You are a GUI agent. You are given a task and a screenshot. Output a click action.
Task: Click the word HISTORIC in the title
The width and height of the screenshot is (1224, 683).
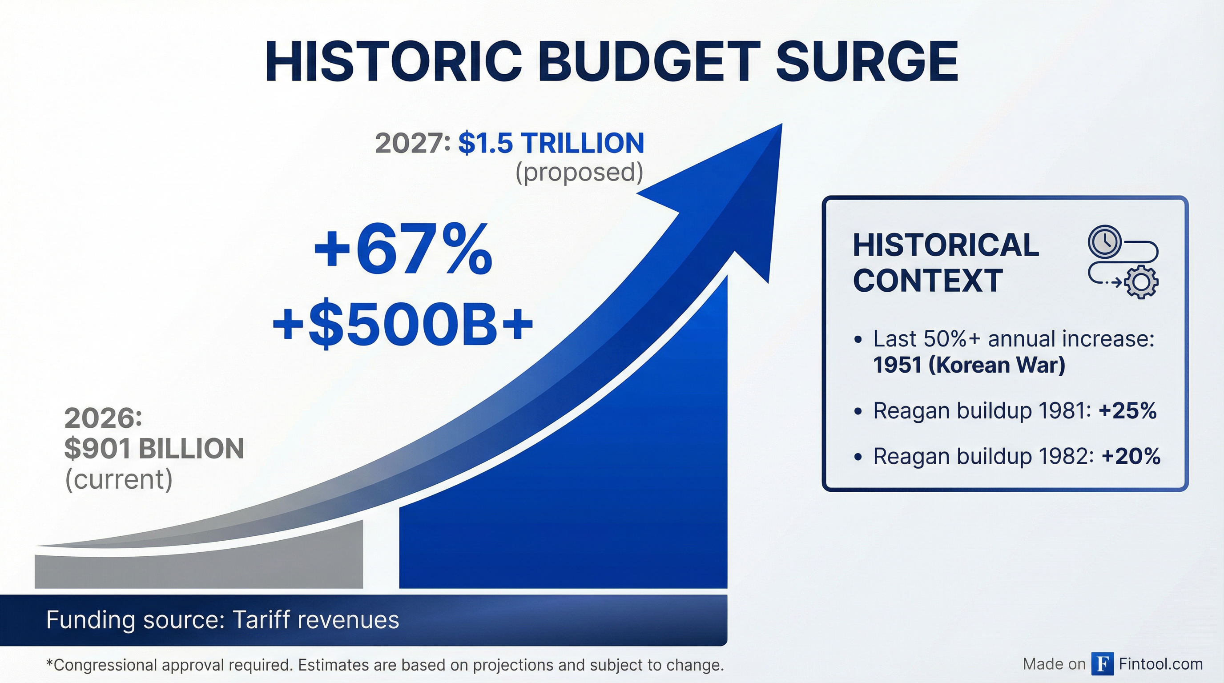click(x=393, y=62)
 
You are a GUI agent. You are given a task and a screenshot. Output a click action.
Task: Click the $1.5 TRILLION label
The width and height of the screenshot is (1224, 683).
click(x=551, y=143)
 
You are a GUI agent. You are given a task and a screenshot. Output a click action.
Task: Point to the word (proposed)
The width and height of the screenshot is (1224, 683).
click(x=579, y=172)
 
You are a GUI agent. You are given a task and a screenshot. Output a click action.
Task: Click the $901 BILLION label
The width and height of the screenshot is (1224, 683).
click(x=154, y=448)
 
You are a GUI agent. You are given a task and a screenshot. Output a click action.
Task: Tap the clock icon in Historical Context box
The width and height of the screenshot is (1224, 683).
click(x=1105, y=241)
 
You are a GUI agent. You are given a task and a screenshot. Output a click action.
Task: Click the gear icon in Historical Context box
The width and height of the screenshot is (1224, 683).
click(x=1141, y=282)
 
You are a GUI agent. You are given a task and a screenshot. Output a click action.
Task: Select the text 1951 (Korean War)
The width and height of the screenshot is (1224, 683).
click(x=969, y=365)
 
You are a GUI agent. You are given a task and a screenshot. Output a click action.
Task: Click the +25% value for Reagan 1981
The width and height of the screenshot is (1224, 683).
click(x=1127, y=410)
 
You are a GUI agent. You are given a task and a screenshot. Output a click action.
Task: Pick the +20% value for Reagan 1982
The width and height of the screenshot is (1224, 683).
click(x=1131, y=456)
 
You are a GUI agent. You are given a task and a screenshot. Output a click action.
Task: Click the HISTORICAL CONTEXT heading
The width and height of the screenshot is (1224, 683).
click(x=946, y=262)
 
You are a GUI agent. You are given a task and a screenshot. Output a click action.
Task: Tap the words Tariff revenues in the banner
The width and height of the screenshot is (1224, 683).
click(x=315, y=620)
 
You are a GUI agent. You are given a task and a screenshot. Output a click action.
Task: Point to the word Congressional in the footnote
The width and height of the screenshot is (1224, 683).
click(x=105, y=665)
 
